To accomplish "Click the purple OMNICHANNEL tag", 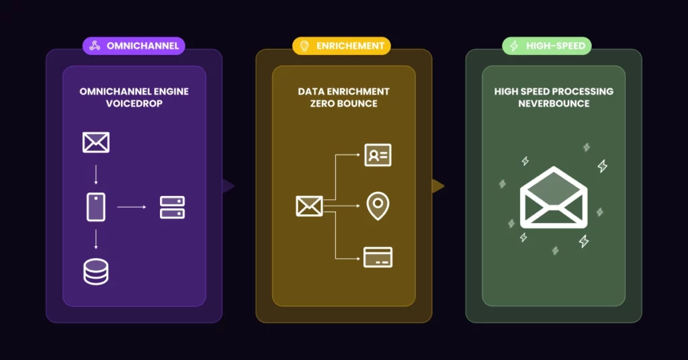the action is click(134, 46).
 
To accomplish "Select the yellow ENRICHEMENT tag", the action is click(341, 46).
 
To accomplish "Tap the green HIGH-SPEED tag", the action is click(547, 46).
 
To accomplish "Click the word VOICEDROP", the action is click(134, 103).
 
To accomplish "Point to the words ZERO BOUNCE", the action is click(343, 103).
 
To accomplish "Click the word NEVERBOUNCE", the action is click(554, 103).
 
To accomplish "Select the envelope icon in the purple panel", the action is click(96, 142).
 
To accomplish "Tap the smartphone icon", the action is click(96, 207).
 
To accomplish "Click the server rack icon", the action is click(172, 208).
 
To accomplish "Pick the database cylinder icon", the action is click(96, 272).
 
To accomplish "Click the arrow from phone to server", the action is click(132, 207).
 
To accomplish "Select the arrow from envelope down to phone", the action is click(96, 175).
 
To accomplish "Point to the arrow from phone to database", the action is click(96, 239).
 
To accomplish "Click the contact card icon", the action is click(378, 155).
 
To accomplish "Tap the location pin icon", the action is click(378, 206).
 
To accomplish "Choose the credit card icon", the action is click(378, 257).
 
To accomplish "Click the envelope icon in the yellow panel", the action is click(309, 206).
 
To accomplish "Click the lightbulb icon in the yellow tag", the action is click(304, 46).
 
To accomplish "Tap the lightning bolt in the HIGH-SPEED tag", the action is click(514, 46).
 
